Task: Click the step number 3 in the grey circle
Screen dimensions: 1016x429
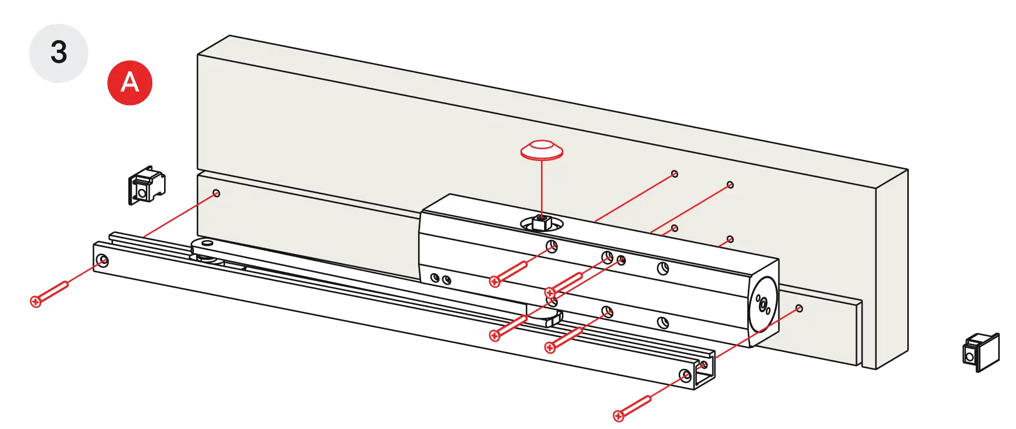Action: (59, 52)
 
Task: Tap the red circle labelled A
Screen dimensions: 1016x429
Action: (130, 83)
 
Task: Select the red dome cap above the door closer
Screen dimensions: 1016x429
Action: (542, 150)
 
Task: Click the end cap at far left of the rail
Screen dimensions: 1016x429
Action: (146, 185)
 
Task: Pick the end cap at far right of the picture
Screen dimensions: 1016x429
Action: (981, 352)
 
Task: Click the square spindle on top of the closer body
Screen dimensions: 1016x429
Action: (542, 222)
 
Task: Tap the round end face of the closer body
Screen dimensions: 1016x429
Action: (763, 305)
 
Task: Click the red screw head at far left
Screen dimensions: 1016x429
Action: (36, 302)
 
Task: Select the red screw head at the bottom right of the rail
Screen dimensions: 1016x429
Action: (619, 416)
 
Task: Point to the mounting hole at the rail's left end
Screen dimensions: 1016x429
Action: (103, 261)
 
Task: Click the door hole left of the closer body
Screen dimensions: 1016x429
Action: (216, 193)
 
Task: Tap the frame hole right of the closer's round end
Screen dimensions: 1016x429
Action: (799, 308)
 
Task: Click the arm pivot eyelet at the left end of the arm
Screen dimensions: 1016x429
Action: (208, 243)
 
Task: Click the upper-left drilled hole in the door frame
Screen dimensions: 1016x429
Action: (675, 174)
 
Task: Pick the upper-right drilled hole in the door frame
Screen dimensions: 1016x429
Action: (730, 185)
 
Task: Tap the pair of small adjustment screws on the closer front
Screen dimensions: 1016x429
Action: (440, 279)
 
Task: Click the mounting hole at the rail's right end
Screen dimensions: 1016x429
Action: (685, 376)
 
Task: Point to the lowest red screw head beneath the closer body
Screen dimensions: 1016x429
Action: (550, 348)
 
